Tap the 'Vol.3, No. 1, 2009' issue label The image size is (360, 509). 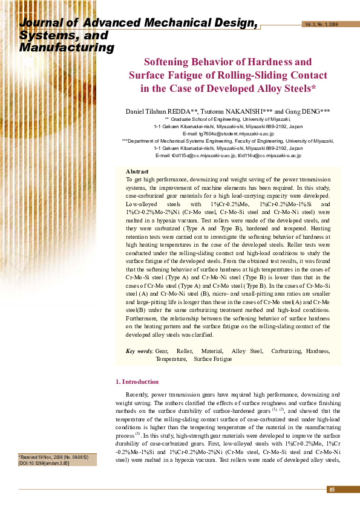point(322,24)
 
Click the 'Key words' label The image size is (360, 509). point(139,351)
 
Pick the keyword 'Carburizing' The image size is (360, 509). point(287,351)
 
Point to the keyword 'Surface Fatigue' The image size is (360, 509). point(212,359)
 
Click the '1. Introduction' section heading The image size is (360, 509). point(137,382)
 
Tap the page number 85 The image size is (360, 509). point(332,489)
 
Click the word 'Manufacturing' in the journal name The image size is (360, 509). point(67,48)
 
